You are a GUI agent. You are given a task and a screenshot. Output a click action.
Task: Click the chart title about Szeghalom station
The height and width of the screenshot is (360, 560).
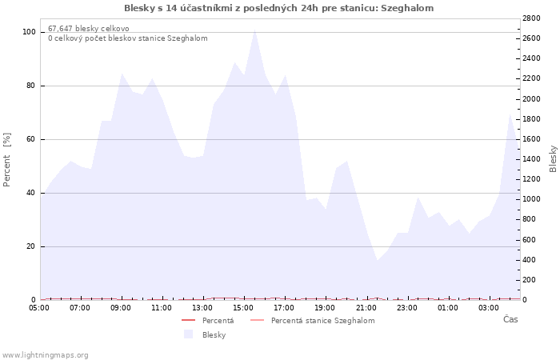tap(279, 8)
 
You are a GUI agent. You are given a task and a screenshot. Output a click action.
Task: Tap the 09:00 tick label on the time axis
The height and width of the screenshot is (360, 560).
tap(121, 307)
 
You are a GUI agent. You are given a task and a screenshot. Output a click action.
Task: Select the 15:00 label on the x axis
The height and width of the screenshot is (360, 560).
tap(243, 307)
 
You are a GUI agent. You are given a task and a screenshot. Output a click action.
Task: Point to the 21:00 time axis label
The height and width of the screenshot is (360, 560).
tap(366, 307)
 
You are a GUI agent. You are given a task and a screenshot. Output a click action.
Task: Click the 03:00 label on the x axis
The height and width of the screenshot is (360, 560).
tap(489, 307)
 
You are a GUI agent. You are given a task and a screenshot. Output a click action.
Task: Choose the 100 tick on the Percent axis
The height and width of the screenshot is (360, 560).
tap(29, 32)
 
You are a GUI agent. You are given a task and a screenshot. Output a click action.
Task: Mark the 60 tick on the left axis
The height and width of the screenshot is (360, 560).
tap(31, 139)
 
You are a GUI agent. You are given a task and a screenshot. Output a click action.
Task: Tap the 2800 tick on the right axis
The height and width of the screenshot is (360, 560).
tap(531, 18)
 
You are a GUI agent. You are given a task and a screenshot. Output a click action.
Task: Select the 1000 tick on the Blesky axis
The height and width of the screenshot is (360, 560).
tap(531, 199)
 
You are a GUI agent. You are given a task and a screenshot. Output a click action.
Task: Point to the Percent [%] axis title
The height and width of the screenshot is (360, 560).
tap(6, 160)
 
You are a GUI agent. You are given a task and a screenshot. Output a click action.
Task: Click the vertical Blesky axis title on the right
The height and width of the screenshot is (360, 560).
tap(553, 158)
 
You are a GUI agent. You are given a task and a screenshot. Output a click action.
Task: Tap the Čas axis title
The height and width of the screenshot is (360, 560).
tap(510, 319)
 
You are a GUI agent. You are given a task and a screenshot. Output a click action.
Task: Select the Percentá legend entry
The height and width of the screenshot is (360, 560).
tap(218, 320)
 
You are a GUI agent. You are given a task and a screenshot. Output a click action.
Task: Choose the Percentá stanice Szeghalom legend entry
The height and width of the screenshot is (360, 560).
tap(323, 320)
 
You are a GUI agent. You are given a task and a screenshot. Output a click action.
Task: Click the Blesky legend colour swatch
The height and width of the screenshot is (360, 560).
tap(188, 334)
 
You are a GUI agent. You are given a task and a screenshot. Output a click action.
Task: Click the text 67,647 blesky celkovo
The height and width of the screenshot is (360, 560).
tap(89, 29)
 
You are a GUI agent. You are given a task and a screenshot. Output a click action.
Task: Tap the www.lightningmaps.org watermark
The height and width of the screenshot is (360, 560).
tap(45, 355)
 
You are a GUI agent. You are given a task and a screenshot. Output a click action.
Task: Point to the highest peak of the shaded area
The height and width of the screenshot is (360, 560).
tap(254, 30)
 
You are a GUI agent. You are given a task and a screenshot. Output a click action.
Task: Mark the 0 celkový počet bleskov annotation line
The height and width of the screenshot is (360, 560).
tap(128, 38)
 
